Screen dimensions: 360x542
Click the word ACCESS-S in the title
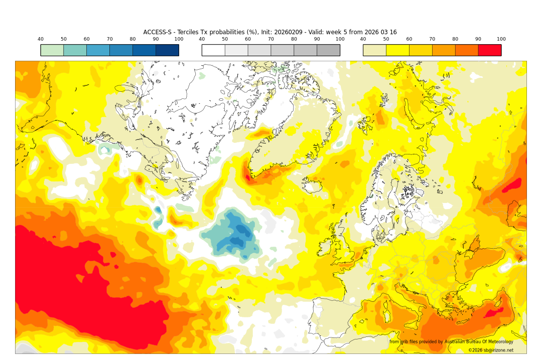coord(158,32)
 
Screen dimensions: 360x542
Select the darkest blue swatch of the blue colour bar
coord(167,50)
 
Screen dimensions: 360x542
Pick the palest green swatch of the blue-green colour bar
coord(52,50)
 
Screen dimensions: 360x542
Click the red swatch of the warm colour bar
coord(489,50)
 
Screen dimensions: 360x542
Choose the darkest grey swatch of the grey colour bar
coord(328,50)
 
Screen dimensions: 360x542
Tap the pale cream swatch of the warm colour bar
coord(374,50)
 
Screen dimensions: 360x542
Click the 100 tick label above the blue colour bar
coord(179,39)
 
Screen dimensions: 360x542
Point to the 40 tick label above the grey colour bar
coord(202,39)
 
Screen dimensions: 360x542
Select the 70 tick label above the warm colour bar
coord(432,39)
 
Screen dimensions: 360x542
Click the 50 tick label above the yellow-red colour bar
coord(386,39)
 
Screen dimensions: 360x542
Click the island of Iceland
coord(314,187)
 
